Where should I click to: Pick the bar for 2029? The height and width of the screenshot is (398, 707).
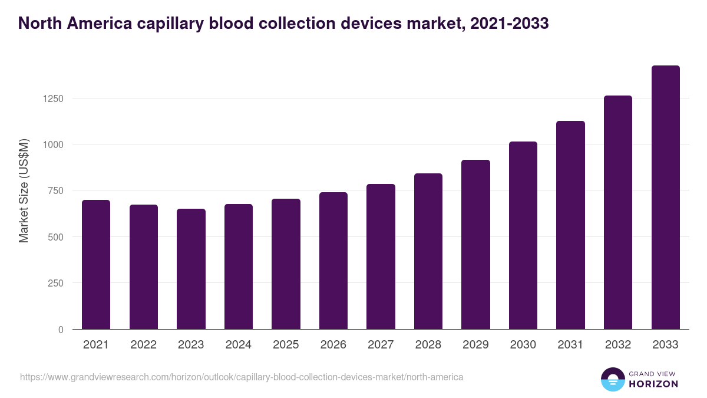(475, 244)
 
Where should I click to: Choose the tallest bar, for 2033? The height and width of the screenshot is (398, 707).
(665, 197)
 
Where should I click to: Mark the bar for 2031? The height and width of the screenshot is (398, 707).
(570, 225)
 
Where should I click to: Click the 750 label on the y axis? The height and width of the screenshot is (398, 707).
(56, 190)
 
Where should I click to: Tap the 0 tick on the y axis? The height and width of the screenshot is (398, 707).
(61, 330)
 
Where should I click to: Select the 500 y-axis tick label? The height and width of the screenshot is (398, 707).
(56, 237)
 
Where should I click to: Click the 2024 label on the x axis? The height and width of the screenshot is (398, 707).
(239, 345)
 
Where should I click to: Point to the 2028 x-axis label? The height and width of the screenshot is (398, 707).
(428, 345)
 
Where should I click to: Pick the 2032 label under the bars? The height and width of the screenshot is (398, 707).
(618, 345)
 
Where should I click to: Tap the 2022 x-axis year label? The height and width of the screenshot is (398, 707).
(144, 345)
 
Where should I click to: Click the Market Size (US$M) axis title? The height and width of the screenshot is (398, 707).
(24, 191)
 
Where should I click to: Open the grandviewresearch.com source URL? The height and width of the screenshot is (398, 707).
(242, 377)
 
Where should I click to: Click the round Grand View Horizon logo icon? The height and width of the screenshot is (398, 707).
(613, 380)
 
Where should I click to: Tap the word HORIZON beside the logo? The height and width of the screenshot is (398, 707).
(654, 384)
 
